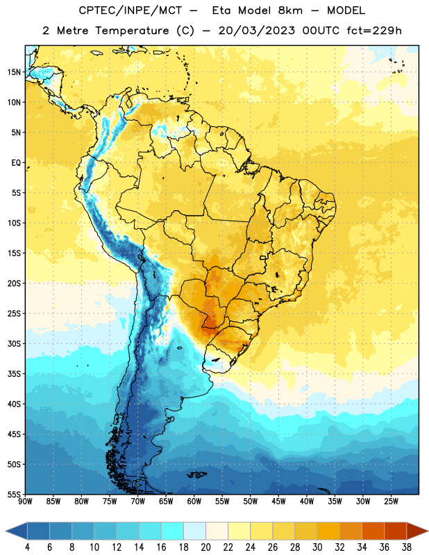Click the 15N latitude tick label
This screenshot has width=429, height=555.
pyautogui.click(x=14, y=72)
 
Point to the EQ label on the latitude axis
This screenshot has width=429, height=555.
pyautogui.click(x=16, y=163)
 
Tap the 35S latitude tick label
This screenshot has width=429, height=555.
pyautogui.click(x=14, y=374)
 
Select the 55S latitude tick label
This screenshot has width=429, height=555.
pyautogui.click(x=14, y=494)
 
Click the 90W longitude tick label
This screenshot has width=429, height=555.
pyautogui.click(x=25, y=502)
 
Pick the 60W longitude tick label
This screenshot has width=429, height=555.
pyautogui.click(x=194, y=502)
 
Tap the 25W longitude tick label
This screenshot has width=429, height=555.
pyautogui.click(x=391, y=502)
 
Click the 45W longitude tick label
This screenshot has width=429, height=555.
pyautogui.click(x=278, y=502)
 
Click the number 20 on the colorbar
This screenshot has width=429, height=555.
pyautogui.click(x=205, y=547)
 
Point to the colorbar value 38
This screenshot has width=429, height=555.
pyautogui.click(x=407, y=547)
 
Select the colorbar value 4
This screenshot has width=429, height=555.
pyautogui.click(x=27, y=547)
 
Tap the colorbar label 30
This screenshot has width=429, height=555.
pyautogui.click(x=317, y=547)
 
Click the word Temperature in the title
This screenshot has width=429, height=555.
pyautogui.click(x=132, y=31)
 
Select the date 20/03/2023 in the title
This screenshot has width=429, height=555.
pyautogui.click(x=256, y=31)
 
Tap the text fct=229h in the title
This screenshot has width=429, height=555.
pyautogui.click(x=374, y=31)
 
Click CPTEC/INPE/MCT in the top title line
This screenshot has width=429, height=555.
pyautogui.click(x=131, y=10)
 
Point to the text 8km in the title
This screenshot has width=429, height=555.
pyautogui.click(x=290, y=10)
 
